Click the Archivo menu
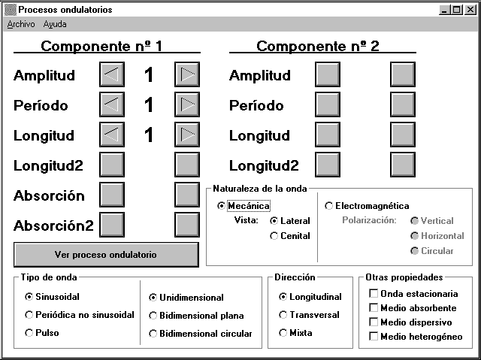21,24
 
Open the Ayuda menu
55,24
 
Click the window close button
470,10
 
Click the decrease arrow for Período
112,104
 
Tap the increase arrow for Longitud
187,135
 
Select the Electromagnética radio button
329,206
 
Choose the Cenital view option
274,236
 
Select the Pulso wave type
29,333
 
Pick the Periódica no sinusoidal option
29,315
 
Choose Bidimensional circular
153,334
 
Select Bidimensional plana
153,315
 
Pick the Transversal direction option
283,315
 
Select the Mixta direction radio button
283,333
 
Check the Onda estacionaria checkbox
374,293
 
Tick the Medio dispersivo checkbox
374,322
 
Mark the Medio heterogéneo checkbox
374,337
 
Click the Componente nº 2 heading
318,47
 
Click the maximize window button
456,10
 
